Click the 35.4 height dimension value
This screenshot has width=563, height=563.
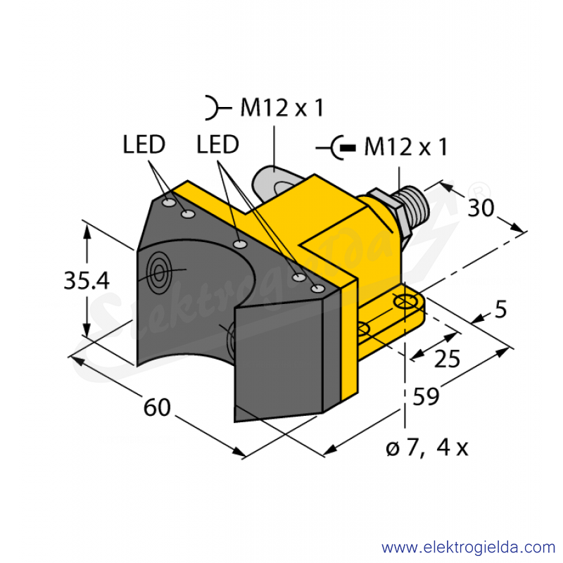[86, 280]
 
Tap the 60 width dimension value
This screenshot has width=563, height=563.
[157, 407]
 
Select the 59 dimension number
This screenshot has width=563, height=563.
[426, 396]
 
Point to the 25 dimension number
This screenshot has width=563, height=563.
[447, 358]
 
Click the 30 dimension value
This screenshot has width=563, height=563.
[481, 208]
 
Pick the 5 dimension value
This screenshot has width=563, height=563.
[500, 309]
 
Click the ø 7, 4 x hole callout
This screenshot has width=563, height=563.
[427, 448]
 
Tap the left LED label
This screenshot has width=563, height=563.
[144, 144]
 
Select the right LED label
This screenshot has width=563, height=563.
[217, 144]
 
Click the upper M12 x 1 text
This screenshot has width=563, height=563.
[282, 108]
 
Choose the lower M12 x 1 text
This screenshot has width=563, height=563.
[406, 147]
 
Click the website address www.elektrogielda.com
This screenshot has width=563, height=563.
[469, 548]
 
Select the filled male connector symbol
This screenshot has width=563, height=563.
[336, 148]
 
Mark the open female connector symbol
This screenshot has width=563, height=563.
[218, 108]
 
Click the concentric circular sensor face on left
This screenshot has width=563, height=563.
[158, 272]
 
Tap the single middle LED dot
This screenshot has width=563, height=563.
[240, 245]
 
